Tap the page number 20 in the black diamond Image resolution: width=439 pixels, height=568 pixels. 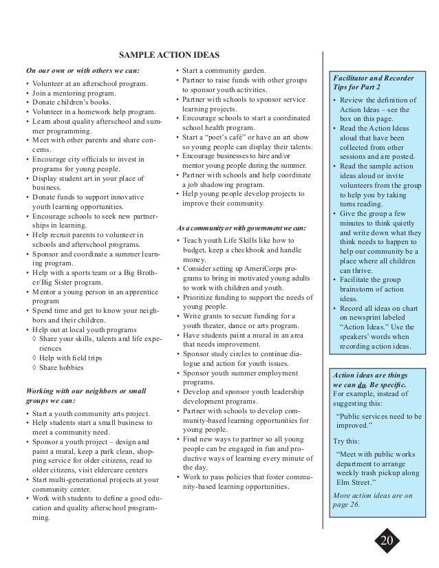tap(387, 540)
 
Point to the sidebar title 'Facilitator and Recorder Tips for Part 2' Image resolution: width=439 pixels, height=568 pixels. tap(369, 86)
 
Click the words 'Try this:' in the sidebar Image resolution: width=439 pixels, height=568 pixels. tap(347, 440)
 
